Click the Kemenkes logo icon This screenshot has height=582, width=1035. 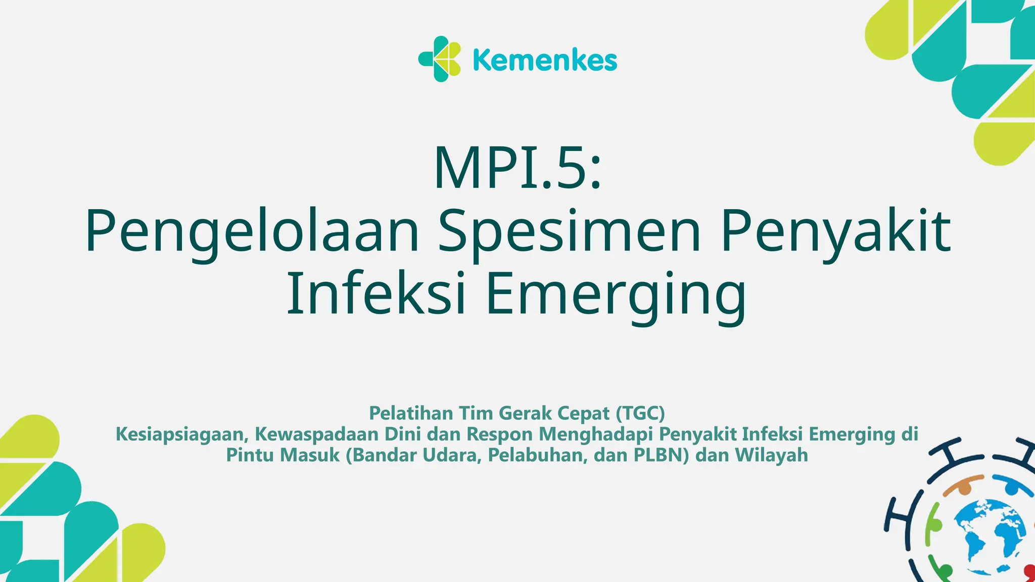(x=440, y=59)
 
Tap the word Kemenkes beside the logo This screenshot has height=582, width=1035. (x=545, y=61)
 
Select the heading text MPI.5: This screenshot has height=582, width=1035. (x=517, y=168)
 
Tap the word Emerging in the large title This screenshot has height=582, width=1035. (x=616, y=295)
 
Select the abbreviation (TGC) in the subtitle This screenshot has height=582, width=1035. (x=640, y=413)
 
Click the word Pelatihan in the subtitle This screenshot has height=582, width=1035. (x=411, y=413)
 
